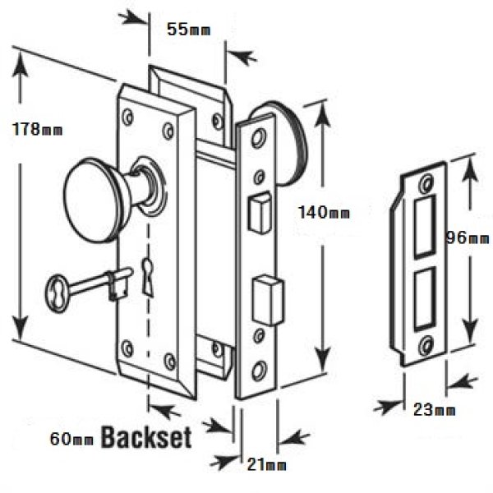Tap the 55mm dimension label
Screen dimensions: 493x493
point(187,30)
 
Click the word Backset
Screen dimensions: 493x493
point(145,436)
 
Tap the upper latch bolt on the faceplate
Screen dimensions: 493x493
point(258,209)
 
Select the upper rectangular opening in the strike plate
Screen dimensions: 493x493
point(425,224)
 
